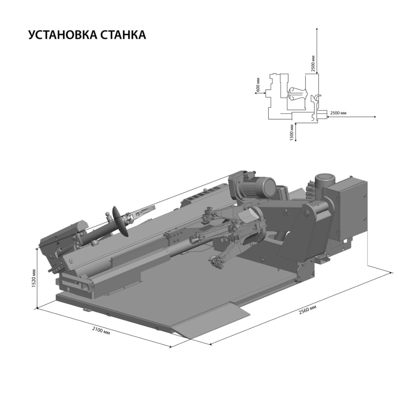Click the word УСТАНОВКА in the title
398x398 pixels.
[x=62, y=35]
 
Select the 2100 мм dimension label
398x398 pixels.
[x=101, y=331]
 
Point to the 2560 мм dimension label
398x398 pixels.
[x=307, y=310]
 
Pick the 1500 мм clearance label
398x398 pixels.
[x=291, y=133]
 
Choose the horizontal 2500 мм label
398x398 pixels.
[x=338, y=113]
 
